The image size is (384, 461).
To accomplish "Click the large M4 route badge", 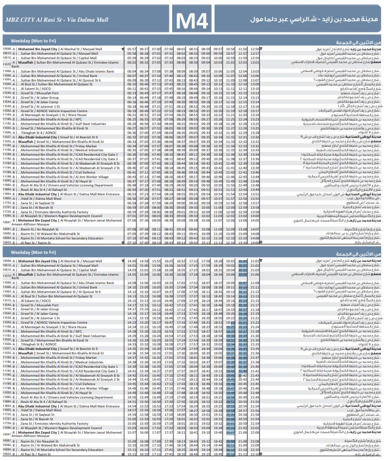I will (x=192, y=21).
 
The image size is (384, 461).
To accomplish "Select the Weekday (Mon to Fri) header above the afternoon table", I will (x=29, y=253).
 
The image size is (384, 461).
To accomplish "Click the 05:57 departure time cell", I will (x=132, y=49).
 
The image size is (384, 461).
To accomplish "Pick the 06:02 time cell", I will (x=132, y=63).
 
